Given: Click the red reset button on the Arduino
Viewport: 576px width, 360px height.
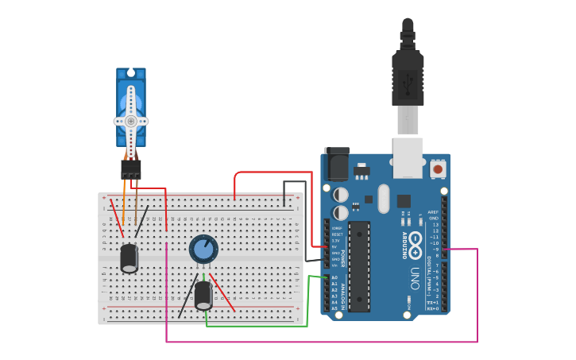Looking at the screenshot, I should click(x=438, y=168).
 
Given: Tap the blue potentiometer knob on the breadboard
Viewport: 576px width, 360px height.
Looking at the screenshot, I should click(x=203, y=249).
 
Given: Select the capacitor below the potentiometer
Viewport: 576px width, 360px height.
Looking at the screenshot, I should click(x=203, y=295).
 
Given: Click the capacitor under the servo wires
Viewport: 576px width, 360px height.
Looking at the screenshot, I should click(x=129, y=258).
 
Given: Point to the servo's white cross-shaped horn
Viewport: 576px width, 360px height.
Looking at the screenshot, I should click(x=131, y=121).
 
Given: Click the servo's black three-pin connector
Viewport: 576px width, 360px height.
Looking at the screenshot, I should click(x=131, y=169).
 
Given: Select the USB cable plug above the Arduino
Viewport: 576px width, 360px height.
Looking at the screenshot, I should click(x=408, y=79).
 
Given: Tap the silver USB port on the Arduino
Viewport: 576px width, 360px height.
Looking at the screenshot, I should click(x=408, y=157).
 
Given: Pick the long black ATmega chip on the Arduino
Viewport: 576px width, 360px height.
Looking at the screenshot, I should click(x=359, y=266).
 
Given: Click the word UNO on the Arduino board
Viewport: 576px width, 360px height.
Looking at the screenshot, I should click(x=415, y=278).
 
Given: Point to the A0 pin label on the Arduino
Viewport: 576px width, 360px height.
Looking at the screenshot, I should click(x=334, y=277).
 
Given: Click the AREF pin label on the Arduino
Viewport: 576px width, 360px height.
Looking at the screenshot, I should click(x=433, y=212).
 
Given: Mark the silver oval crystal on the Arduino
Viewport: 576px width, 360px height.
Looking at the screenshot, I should click(x=384, y=199).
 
